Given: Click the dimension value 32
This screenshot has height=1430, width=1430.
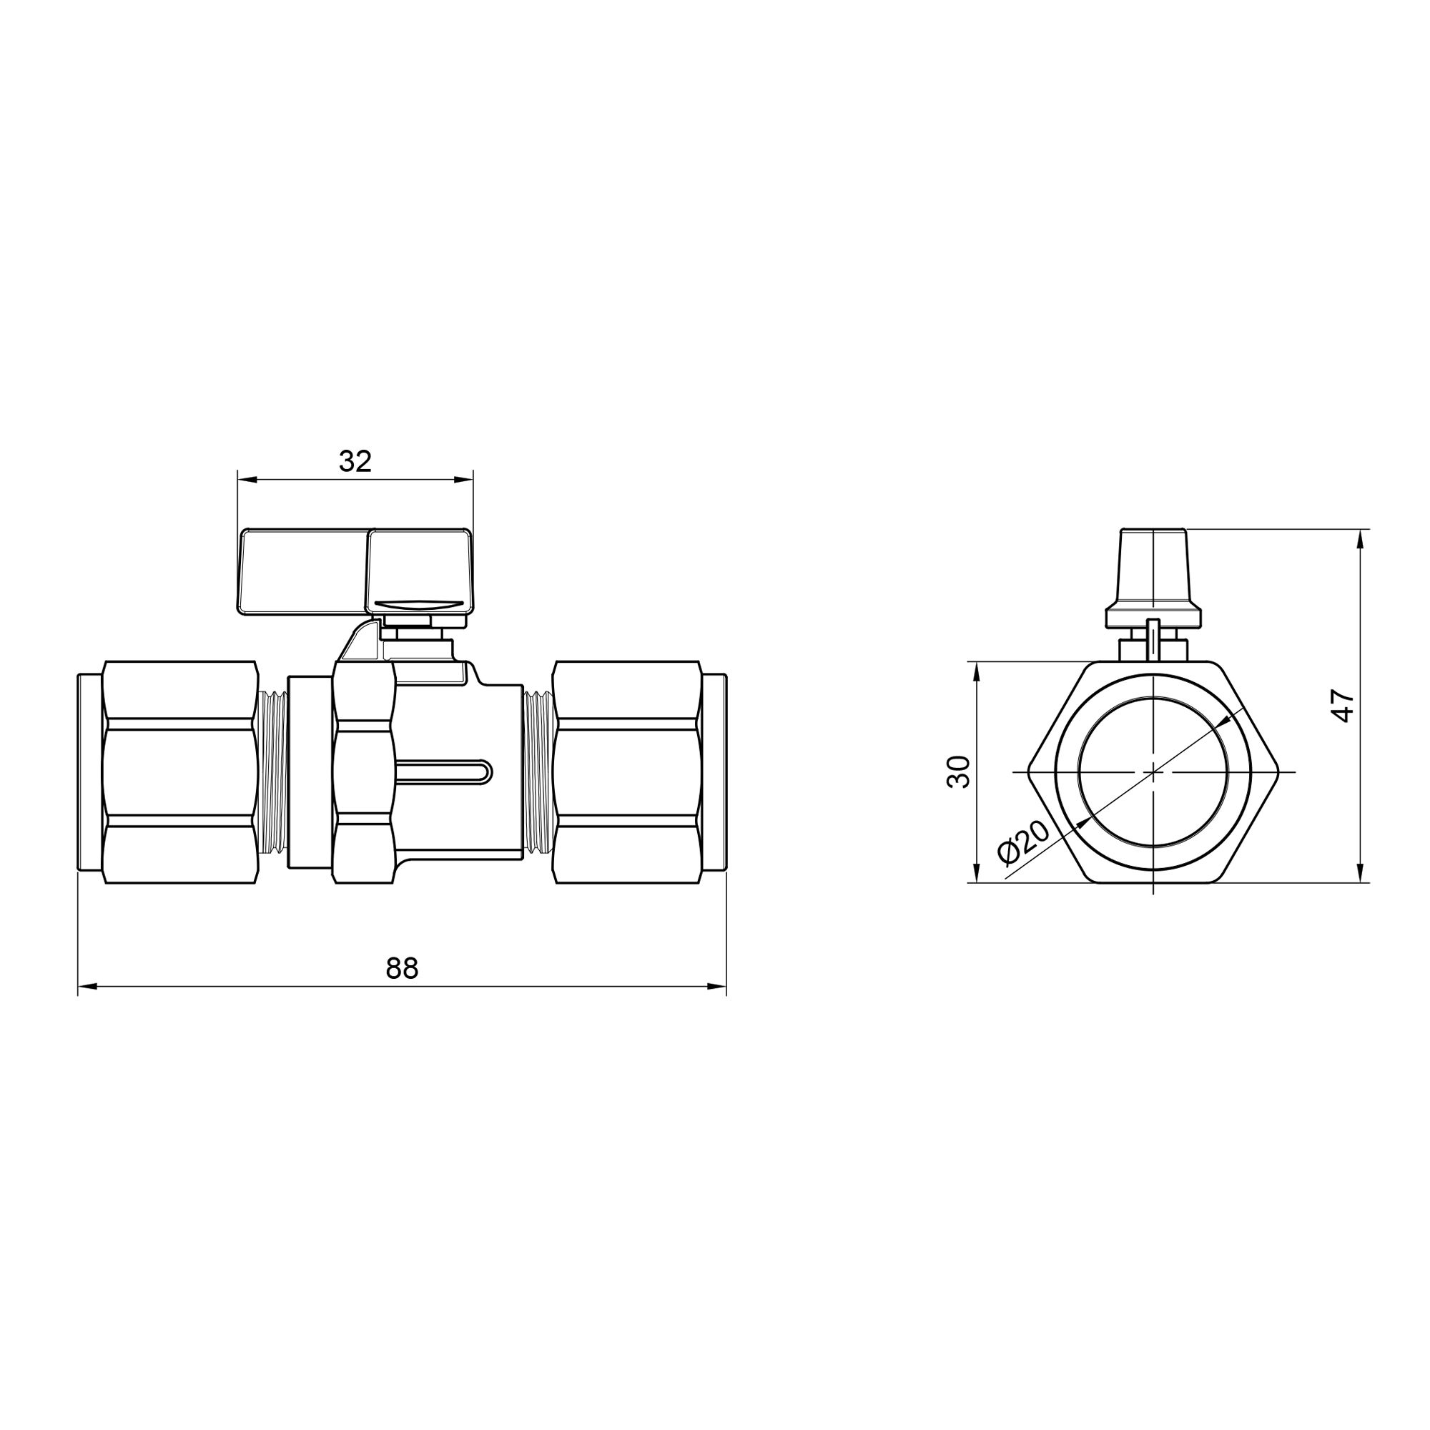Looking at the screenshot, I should tap(355, 462).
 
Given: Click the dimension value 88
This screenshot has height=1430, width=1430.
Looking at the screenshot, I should tap(402, 968).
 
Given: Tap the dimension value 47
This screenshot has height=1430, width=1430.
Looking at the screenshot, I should tap(1342, 706).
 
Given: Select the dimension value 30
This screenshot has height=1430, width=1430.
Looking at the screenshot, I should tap(959, 772).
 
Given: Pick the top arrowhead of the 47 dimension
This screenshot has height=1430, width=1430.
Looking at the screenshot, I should tap(1360, 539).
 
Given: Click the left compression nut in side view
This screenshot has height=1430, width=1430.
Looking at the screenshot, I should tap(181, 772).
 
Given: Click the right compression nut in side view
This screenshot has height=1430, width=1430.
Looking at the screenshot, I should tap(627, 772).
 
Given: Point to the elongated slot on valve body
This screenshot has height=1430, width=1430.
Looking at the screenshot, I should tap(444, 772).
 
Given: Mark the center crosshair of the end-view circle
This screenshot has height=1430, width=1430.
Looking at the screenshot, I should tap(1154, 772).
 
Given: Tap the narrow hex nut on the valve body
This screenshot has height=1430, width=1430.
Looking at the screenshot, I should tap(363, 772).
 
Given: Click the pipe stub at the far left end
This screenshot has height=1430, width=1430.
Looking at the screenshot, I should tap(89, 772).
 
